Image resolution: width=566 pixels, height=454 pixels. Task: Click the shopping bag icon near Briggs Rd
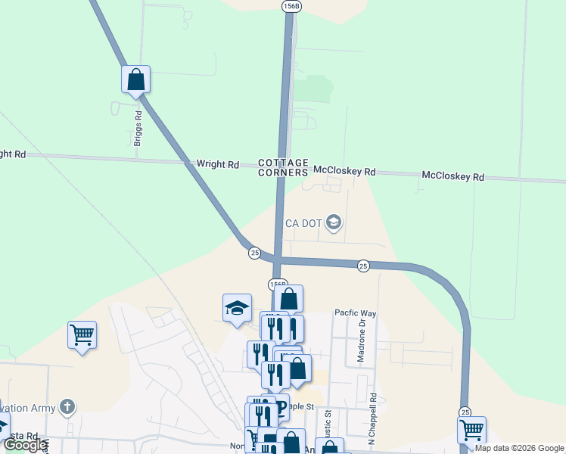point(136,78)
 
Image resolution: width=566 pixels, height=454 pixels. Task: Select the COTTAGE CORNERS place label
point(284,167)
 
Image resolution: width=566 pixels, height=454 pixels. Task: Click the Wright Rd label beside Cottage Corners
point(217,163)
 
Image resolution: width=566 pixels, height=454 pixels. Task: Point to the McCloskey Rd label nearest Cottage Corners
point(344,172)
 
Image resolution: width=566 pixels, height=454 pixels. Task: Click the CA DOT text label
point(304,223)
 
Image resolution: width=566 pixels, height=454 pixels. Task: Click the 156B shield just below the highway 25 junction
point(278,285)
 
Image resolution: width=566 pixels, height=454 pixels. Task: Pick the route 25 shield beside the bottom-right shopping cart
point(465,411)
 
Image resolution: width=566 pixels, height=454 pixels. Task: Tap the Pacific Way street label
point(356,313)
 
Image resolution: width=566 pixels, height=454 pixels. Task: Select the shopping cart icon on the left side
point(82,334)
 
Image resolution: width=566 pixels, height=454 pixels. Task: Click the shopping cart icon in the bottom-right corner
point(472,430)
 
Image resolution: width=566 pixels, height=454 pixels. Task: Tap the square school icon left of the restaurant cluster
point(237,308)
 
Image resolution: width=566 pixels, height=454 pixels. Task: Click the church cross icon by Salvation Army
point(68,408)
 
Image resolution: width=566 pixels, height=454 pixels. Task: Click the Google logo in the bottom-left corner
point(25,445)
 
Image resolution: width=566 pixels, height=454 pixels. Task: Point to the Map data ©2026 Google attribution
point(519,448)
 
